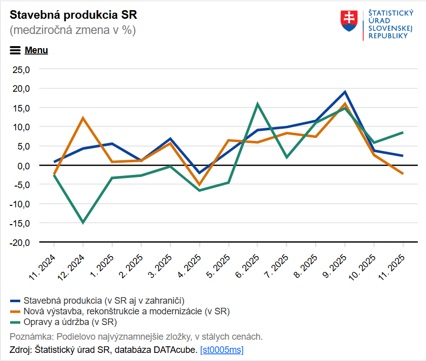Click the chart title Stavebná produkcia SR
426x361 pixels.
73,14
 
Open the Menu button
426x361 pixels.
29,50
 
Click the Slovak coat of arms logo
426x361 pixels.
349,21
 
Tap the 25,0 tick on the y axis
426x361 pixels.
22,69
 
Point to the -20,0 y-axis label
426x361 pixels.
21,242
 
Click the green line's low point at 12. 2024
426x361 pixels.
83,222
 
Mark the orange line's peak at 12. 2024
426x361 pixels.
83,118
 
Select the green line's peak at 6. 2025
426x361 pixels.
258,104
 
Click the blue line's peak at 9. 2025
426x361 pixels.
345,92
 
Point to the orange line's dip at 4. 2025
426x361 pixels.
199,185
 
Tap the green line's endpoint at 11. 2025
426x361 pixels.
403,132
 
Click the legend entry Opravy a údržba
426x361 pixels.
70,322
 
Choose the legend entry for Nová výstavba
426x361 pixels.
127,311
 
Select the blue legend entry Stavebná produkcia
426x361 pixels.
103,301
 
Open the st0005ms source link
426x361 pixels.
222,350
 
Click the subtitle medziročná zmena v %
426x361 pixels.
73,30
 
